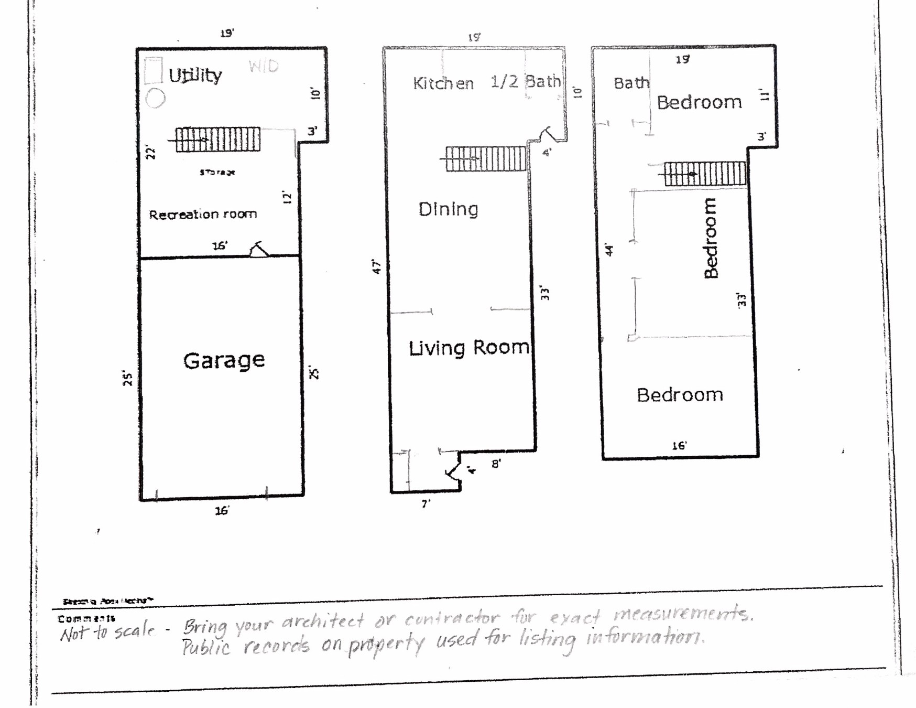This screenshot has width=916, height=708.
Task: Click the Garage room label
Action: click(x=224, y=361)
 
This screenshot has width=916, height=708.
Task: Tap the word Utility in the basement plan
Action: click(x=195, y=76)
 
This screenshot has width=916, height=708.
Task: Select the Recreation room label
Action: click(x=203, y=214)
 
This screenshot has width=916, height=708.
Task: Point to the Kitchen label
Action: click(x=443, y=83)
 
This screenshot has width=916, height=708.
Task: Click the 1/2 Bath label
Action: click(x=525, y=82)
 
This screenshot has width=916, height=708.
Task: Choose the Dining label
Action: click(x=448, y=209)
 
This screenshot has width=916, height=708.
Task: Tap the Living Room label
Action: click(x=468, y=348)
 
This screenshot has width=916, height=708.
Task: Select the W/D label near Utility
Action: click(x=264, y=67)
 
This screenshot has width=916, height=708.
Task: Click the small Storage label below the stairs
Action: click(x=217, y=172)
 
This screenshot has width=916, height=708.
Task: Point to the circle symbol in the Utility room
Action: click(x=155, y=98)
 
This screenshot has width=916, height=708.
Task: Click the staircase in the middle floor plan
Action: click(x=486, y=158)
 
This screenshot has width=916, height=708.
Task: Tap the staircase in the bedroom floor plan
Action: click(x=705, y=174)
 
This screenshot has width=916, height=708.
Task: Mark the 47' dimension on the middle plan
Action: click(x=376, y=266)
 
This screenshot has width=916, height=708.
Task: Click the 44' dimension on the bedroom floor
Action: click(x=609, y=250)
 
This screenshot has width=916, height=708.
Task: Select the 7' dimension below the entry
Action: click(x=426, y=503)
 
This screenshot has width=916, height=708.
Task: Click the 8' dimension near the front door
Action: click(x=496, y=464)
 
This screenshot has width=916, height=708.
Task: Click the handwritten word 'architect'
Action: click(x=323, y=622)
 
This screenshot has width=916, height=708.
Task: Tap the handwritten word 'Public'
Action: click(x=206, y=647)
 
